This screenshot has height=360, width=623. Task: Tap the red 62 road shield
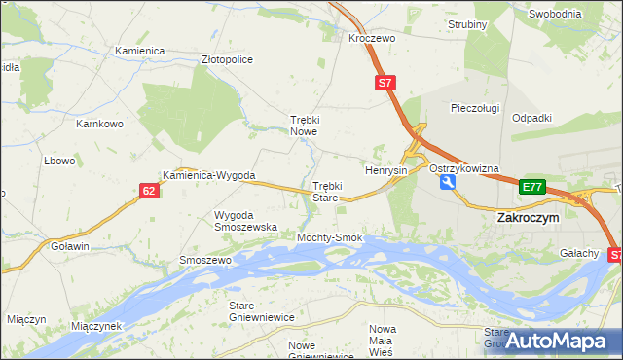point(148,191)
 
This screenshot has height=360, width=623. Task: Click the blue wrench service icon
point(447,182)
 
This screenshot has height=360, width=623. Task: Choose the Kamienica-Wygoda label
point(208,176)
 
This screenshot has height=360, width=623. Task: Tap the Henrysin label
point(385,170)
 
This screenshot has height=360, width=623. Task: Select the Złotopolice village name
point(227,59)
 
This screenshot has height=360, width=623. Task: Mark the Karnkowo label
point(99,124)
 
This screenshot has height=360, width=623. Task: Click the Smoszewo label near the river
point(204,261)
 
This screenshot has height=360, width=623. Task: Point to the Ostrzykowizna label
point(463,168)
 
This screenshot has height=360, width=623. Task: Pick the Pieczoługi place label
point(475,108)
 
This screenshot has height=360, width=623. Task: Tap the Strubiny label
point(467,24)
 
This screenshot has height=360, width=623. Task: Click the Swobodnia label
point(555,14)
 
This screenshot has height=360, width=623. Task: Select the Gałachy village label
point(578,253)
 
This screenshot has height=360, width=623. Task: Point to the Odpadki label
point(531,118)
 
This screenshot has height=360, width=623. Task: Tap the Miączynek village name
point(95,326)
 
